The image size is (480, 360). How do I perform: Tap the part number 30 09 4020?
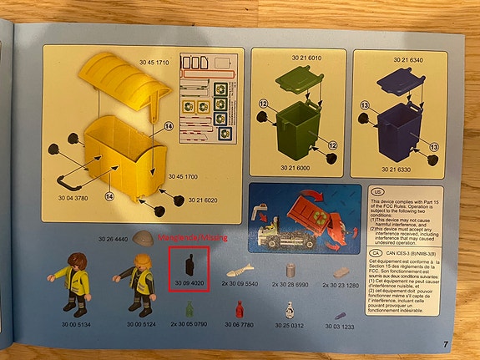coord(189,284)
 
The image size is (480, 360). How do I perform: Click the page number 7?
coord(446,343)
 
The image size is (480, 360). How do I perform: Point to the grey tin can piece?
coord(291,269)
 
